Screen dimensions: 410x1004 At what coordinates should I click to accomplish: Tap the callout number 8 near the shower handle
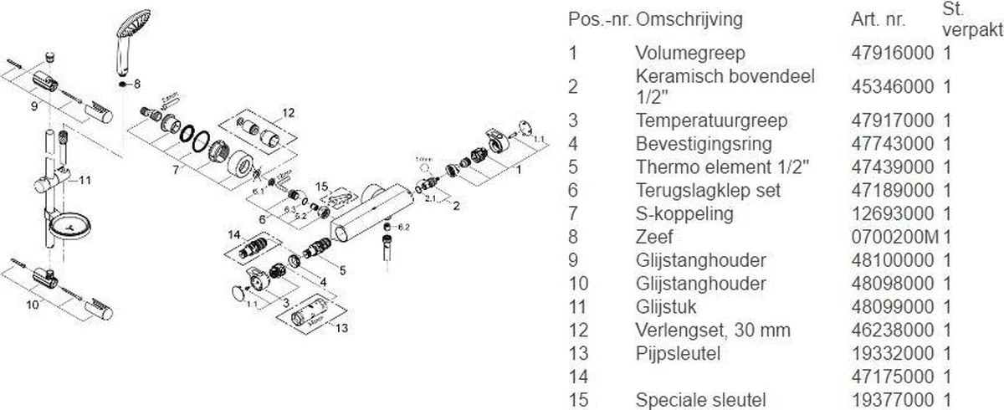[138, 84]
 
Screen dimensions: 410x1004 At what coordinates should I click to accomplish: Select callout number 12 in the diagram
[288, 112]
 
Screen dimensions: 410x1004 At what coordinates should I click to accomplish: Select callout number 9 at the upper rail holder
[34, 107]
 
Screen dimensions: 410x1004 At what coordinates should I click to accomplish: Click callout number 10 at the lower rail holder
[33, 305]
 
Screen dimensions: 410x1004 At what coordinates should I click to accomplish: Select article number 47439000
[893, 167]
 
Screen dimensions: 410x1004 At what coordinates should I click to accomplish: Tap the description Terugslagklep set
[708, 190]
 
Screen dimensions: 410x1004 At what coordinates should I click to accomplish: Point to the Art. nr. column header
[876, 18]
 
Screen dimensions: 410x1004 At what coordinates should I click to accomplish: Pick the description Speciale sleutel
[700, 400]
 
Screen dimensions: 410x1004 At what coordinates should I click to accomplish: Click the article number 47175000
[893, 377]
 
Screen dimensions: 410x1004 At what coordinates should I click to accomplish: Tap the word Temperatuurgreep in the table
[699, 120]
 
